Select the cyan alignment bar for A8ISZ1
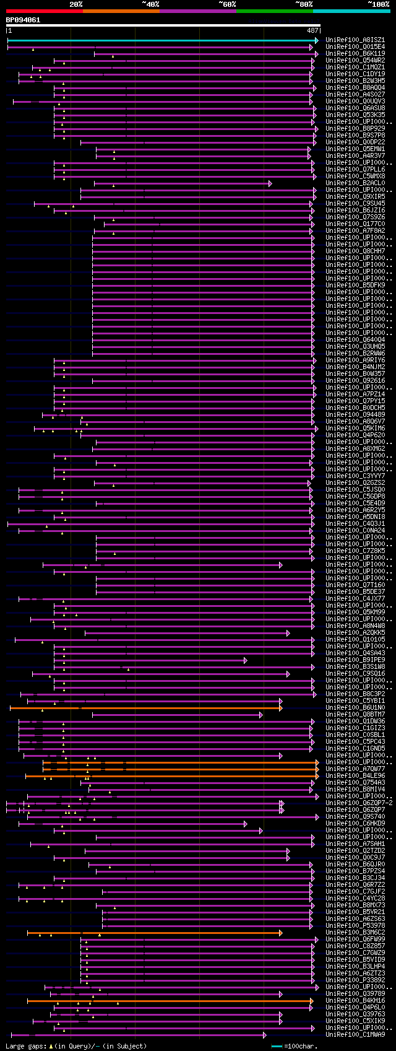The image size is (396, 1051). click(161, 40)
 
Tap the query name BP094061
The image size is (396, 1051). click(23, 20)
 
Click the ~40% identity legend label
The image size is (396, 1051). click(150, 4)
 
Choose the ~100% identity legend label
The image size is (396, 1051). click(378, 4)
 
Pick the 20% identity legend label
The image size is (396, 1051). click(75, 4)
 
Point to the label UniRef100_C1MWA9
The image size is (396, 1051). click(355, 1034)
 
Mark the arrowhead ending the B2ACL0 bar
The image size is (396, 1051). click(270, 183)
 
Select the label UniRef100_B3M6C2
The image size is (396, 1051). click(355, 932)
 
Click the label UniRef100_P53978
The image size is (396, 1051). click(355, 925)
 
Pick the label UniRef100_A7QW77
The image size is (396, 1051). click(355, 769)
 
